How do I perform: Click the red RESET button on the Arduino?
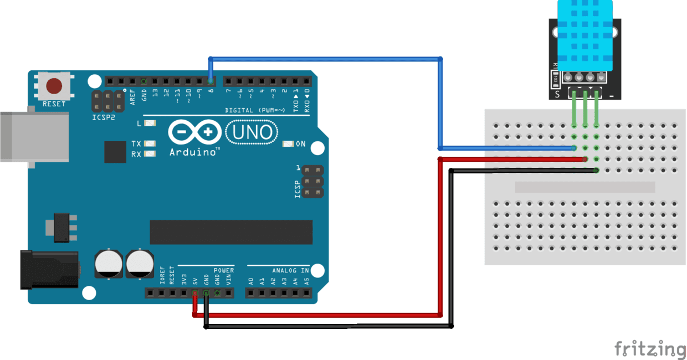(54, 86)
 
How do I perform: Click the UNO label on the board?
(252, 132)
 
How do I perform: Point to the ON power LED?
(288, 144)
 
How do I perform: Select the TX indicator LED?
(149, 143)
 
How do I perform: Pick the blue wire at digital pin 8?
(211, 72)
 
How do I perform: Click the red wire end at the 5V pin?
(194, 294)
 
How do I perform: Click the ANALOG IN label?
(290, 270)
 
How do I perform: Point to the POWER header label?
(224, 270)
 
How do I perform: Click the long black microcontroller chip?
(231, 232)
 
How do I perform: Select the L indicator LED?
(149, 123)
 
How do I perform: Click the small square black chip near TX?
(115, 152)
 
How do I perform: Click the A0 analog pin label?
(250, 281)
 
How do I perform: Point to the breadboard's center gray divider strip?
(585, 187)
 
